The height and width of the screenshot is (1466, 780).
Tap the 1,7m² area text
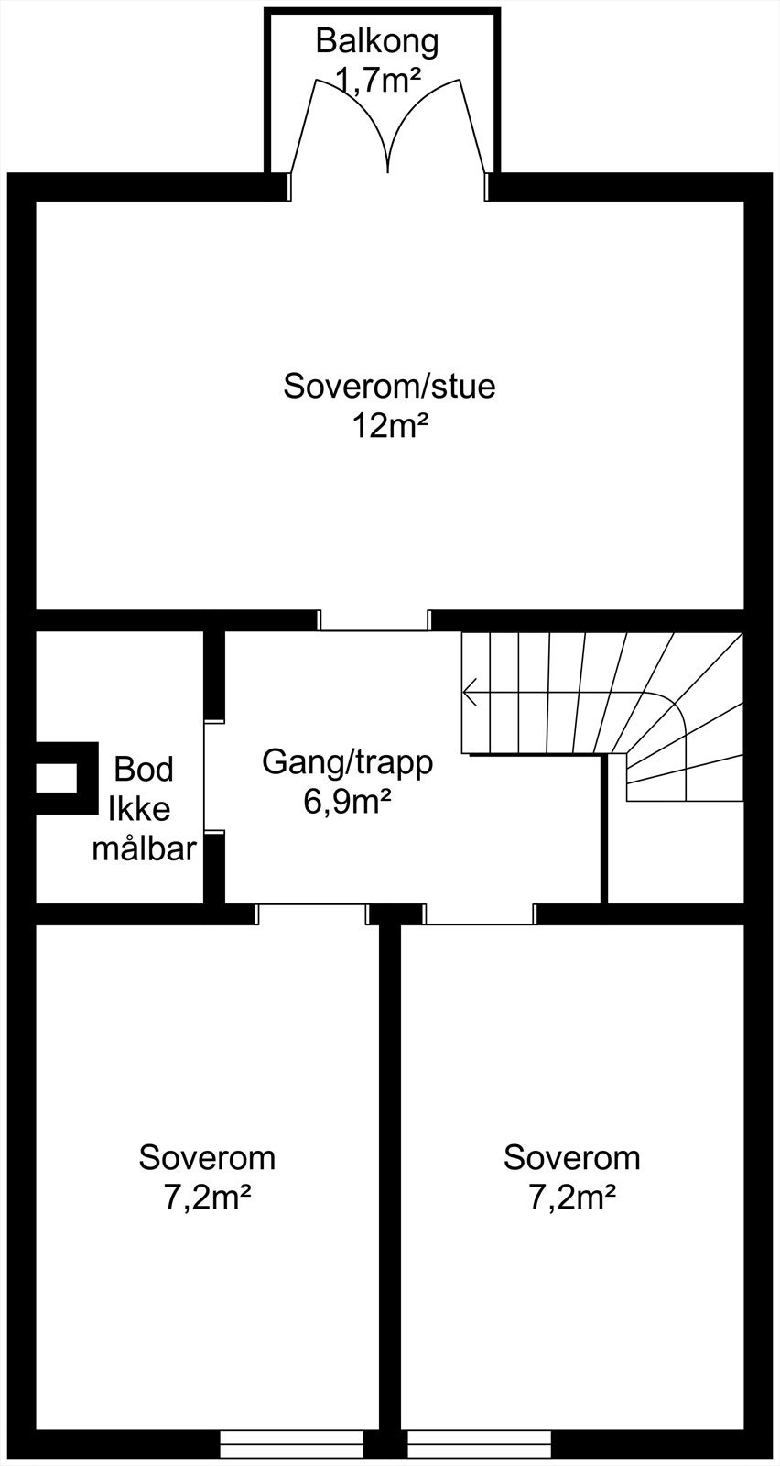(x=377, y=81)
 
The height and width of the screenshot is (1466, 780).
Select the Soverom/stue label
(x=389, y=386)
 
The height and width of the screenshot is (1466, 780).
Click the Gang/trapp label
(x=347, y=761)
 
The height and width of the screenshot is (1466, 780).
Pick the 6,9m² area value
(x=348, y=802)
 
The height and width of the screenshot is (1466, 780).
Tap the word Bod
(x=144, y=769)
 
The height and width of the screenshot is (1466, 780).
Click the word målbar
(x=144, y=849)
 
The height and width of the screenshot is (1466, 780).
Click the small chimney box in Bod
(x=57, y=778)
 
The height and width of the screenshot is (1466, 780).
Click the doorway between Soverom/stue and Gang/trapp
(x=374, y=620)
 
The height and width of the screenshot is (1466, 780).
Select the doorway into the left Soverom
(x=311, y=914)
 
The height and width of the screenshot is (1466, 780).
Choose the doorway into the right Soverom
(x=480, y=914)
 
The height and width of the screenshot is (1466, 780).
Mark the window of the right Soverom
(x=479, y=1444)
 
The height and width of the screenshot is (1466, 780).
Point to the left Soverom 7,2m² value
(x=208, y=1198)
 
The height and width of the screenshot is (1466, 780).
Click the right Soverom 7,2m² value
(x=572, y=1198)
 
